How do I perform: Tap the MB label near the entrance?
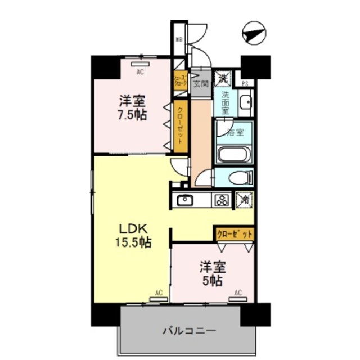178,39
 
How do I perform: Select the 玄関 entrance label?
201,84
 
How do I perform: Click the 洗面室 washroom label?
225,103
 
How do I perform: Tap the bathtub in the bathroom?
234,154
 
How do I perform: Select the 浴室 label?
235,133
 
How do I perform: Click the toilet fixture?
239,178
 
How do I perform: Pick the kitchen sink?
185,200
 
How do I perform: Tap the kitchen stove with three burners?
220,200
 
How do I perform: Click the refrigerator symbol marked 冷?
245,199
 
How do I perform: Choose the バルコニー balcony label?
189,330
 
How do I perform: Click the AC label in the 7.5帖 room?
139,71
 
